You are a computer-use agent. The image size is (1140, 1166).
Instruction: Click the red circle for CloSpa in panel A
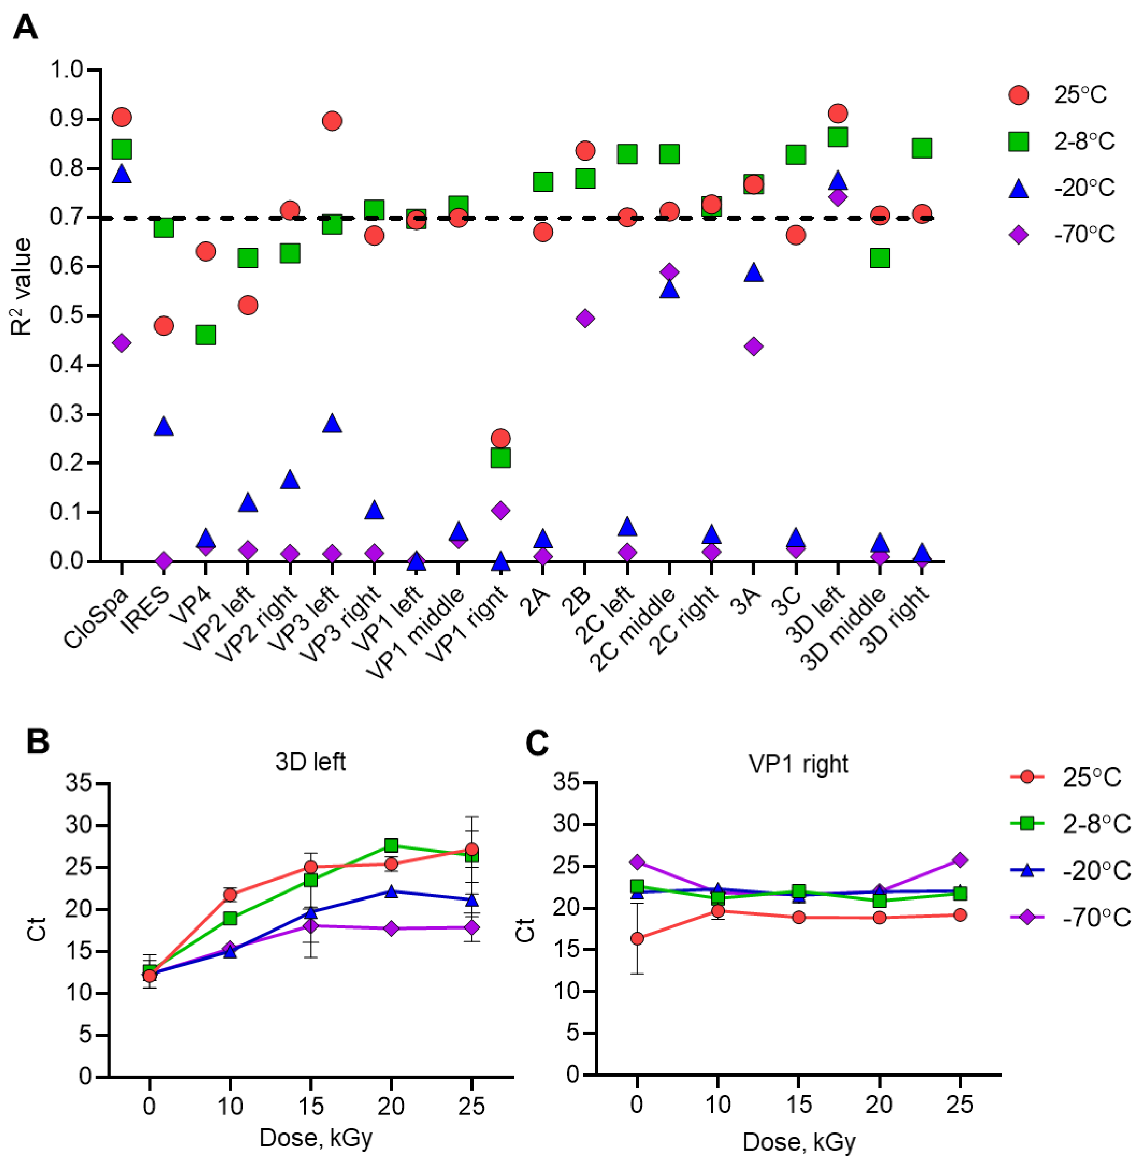pyautogui.click(x=122, y=117)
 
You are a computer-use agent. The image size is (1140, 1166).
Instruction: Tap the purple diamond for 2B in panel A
pyautogui.click(x=585, y=318)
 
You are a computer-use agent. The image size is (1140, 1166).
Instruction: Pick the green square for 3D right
pyautogui.click(x=922, y=148)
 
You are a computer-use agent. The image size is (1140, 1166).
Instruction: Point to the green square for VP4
pyautogui.click(x=205, y=335)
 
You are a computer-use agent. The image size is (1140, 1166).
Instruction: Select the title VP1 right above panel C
pyautogui.click(x=798, y=764)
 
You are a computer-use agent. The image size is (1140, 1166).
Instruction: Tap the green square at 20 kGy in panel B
pyautogui.click(x=391, y=845)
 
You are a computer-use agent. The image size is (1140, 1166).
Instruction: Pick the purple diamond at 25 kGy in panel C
pyautogui.click(x=960, y=860)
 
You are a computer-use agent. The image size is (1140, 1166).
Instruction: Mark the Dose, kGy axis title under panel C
pyautogui.click(x=799, y=1142)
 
